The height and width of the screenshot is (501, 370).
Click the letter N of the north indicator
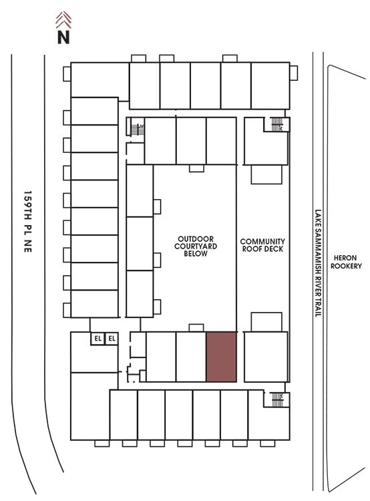coord(63,37)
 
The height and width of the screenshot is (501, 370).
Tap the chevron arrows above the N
coord(63,20)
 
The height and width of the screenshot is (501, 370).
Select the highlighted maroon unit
coord(222,357)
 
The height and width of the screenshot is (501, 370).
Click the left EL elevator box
coord(98,339)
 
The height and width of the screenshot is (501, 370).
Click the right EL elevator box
coord(112,339)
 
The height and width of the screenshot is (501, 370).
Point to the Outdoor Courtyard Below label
coord(196,246)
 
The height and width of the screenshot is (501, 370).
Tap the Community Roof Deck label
coord(262,245)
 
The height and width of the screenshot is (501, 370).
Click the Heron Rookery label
coord(346,262)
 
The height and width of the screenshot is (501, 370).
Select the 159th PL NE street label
coord(28,222)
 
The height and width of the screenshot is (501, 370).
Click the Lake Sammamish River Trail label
coord(318,263)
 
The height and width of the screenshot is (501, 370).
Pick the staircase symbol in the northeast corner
coord(277,124)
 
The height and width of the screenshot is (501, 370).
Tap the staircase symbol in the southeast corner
coord(277,399)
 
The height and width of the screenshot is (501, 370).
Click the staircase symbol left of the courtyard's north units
coord(138,130)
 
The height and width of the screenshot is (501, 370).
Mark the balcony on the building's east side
coord(294,73)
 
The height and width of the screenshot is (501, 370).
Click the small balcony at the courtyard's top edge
coord(196,168)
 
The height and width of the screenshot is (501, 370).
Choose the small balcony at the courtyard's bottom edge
coord(196,328)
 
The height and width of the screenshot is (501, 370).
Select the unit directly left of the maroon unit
coord(191,357)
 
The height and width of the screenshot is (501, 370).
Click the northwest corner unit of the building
coord(100,80)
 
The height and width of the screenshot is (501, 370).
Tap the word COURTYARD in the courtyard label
coord(196,246)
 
